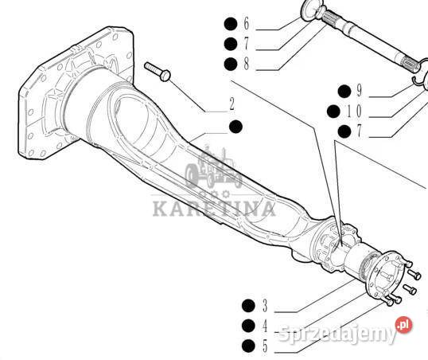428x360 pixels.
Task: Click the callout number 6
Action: (x=247, y=24)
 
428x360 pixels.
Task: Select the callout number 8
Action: (x=247, y=64)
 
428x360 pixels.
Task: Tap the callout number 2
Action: (x=232, y=104)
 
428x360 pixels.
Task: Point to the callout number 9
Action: (x=360, y=91)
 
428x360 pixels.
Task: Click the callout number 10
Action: (x=354, y=111)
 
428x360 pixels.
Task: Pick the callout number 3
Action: (x=265, y=306)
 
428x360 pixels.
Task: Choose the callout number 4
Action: (x=265, y=326)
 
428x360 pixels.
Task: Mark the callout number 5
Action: (x=265, y=346)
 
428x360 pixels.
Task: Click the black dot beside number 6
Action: (x=231, y=24)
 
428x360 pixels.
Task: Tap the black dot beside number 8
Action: (x=231, y=65)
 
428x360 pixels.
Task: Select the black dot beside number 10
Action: (x=333, y=112)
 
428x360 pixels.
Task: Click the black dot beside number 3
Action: (x=248, y=306)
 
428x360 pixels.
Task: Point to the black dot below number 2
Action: (x=235, y=127)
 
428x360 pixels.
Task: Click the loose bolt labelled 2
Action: (x=158, y=72)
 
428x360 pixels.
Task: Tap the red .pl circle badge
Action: (x=404, y=325)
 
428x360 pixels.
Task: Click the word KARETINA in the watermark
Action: (x=214, y=209)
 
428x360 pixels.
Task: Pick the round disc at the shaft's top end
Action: (x=310, y=9)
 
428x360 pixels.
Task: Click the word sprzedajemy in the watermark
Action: (x=337, y=333)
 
